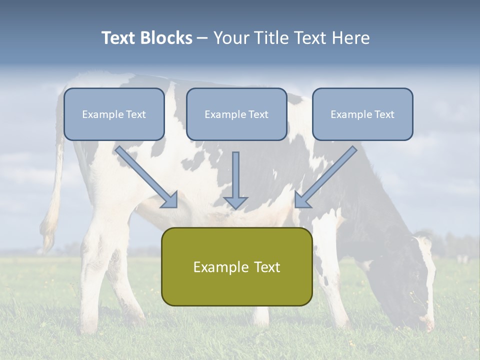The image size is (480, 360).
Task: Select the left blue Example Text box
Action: (114, 114)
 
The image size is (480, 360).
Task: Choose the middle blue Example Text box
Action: (236, 114)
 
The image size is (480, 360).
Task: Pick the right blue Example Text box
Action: (362, 114)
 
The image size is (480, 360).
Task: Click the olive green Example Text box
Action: (236, 266)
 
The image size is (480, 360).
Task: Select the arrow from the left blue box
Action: (147, 177)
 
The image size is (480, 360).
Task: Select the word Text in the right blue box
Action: (383, 114)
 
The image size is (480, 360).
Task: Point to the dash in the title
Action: (202, 38)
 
